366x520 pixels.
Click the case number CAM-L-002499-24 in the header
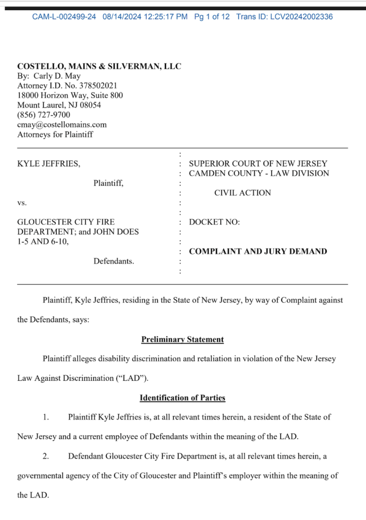pos(64,17)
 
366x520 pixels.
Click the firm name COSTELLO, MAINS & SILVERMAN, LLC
pos(99,67)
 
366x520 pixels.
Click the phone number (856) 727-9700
pos(44,115)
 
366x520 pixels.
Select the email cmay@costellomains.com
pos(62,124)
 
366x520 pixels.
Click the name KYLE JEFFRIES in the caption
pos(48,164)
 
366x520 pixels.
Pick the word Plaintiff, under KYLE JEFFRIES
pos(108,183)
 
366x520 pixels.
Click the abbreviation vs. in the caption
pos(22,203)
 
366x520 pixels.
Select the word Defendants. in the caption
pos(114,261)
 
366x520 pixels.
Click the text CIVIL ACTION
pos(242,193)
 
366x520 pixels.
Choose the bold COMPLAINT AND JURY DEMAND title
pos(258,251)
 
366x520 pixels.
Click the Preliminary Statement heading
pos(182,339)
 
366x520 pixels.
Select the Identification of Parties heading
pos(182,398)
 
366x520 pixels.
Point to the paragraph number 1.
pos(46,417)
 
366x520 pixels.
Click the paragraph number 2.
pos(46,456)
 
